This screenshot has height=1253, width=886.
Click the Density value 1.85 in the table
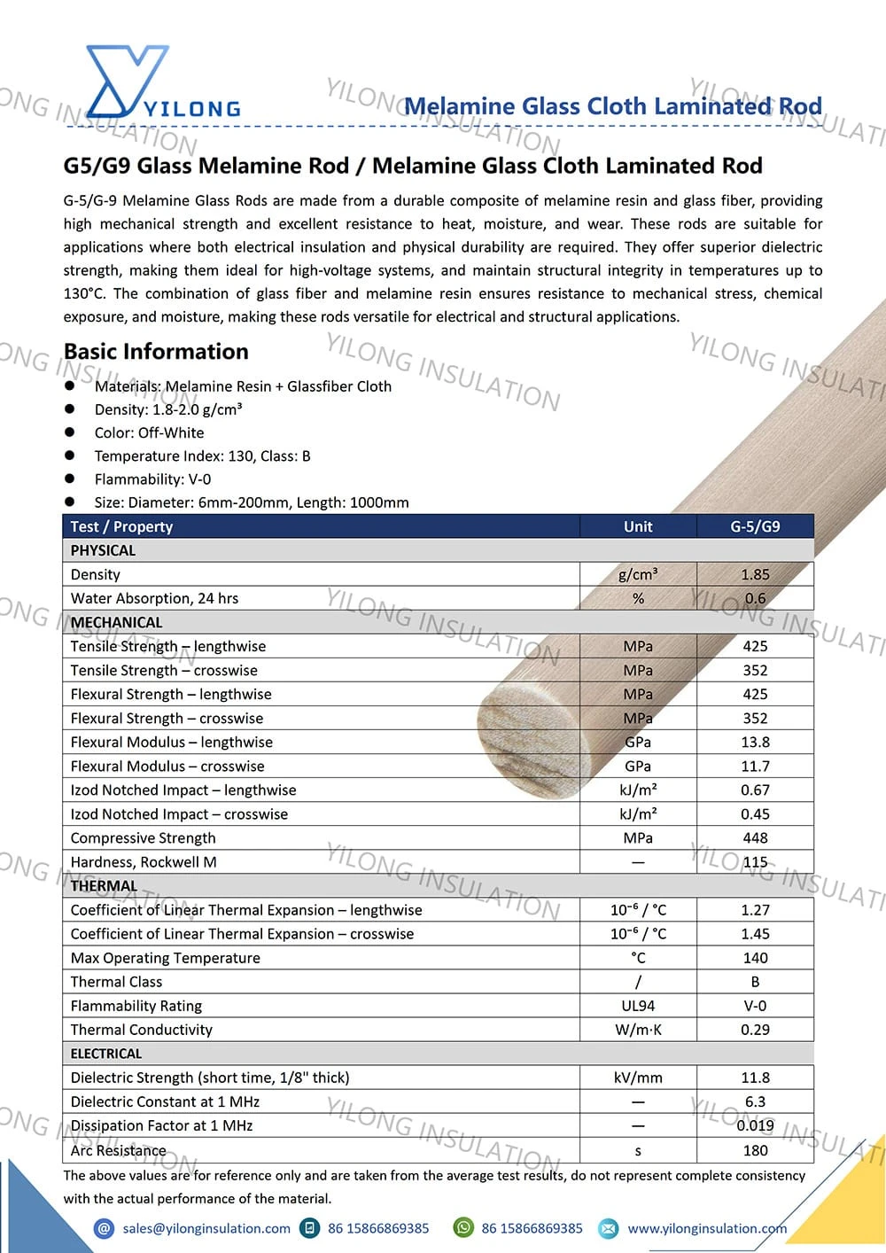(755, 574)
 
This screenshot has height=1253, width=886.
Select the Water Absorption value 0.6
(755, 598)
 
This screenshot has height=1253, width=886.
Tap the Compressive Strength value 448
(755, 837)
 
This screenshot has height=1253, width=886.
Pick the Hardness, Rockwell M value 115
(755, 861)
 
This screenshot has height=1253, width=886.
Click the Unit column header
(638, 526)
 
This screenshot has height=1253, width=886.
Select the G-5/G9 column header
(755, 526)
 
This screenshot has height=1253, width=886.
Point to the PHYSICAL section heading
(103, 550)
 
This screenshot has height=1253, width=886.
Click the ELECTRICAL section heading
(106, 1054)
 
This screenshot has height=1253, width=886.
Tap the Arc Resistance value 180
(755, 1150)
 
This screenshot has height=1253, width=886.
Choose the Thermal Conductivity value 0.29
(755, 1030)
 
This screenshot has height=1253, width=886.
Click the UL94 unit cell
(638, 1006)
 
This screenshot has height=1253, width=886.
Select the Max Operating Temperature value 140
(755, 958)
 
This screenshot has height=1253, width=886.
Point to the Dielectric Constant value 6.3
(755, 1101)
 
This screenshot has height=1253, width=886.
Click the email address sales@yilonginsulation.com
(206, 1228)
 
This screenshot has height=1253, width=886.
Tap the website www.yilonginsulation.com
(707, 1228)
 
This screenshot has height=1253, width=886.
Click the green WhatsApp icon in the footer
(463, 1228)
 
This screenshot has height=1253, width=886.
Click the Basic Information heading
(156, 352)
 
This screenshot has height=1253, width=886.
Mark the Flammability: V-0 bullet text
(152, 479)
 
